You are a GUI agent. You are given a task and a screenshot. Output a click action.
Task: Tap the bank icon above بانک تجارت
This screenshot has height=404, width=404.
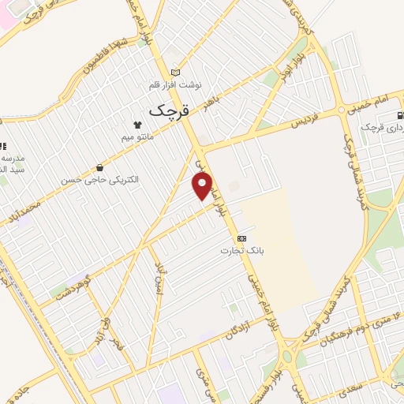coord(241,238)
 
